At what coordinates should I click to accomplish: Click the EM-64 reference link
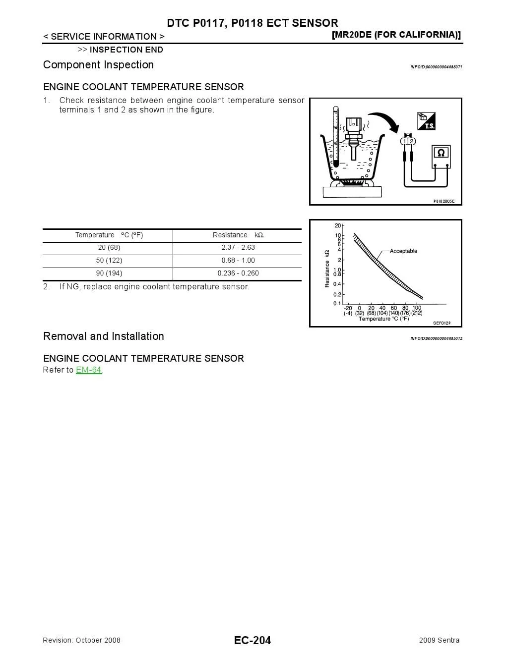[89, 370]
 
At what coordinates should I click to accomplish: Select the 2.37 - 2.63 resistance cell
[238, 248]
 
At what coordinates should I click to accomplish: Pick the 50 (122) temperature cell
[109, 261]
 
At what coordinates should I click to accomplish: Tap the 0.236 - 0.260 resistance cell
[238, 273]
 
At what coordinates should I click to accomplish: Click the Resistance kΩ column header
[238, 235]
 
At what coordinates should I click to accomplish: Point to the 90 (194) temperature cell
[109, 273]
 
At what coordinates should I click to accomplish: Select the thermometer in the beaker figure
[336, 136]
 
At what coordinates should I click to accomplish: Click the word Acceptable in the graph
[403, 251]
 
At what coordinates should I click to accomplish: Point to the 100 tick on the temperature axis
[417, 308]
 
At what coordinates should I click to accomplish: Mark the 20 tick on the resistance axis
[338, 226]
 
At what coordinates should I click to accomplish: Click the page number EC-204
[253, 641]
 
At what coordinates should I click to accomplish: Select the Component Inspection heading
[98, 65]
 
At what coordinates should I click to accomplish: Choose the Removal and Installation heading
[103, 336]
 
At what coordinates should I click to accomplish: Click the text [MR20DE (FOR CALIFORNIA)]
[396, 35]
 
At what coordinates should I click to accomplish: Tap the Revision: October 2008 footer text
[82, 641]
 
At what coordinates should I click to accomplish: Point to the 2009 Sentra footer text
[439, 641]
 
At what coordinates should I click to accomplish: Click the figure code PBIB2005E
[444, 202]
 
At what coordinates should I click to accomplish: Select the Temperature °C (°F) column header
[109, 235]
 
